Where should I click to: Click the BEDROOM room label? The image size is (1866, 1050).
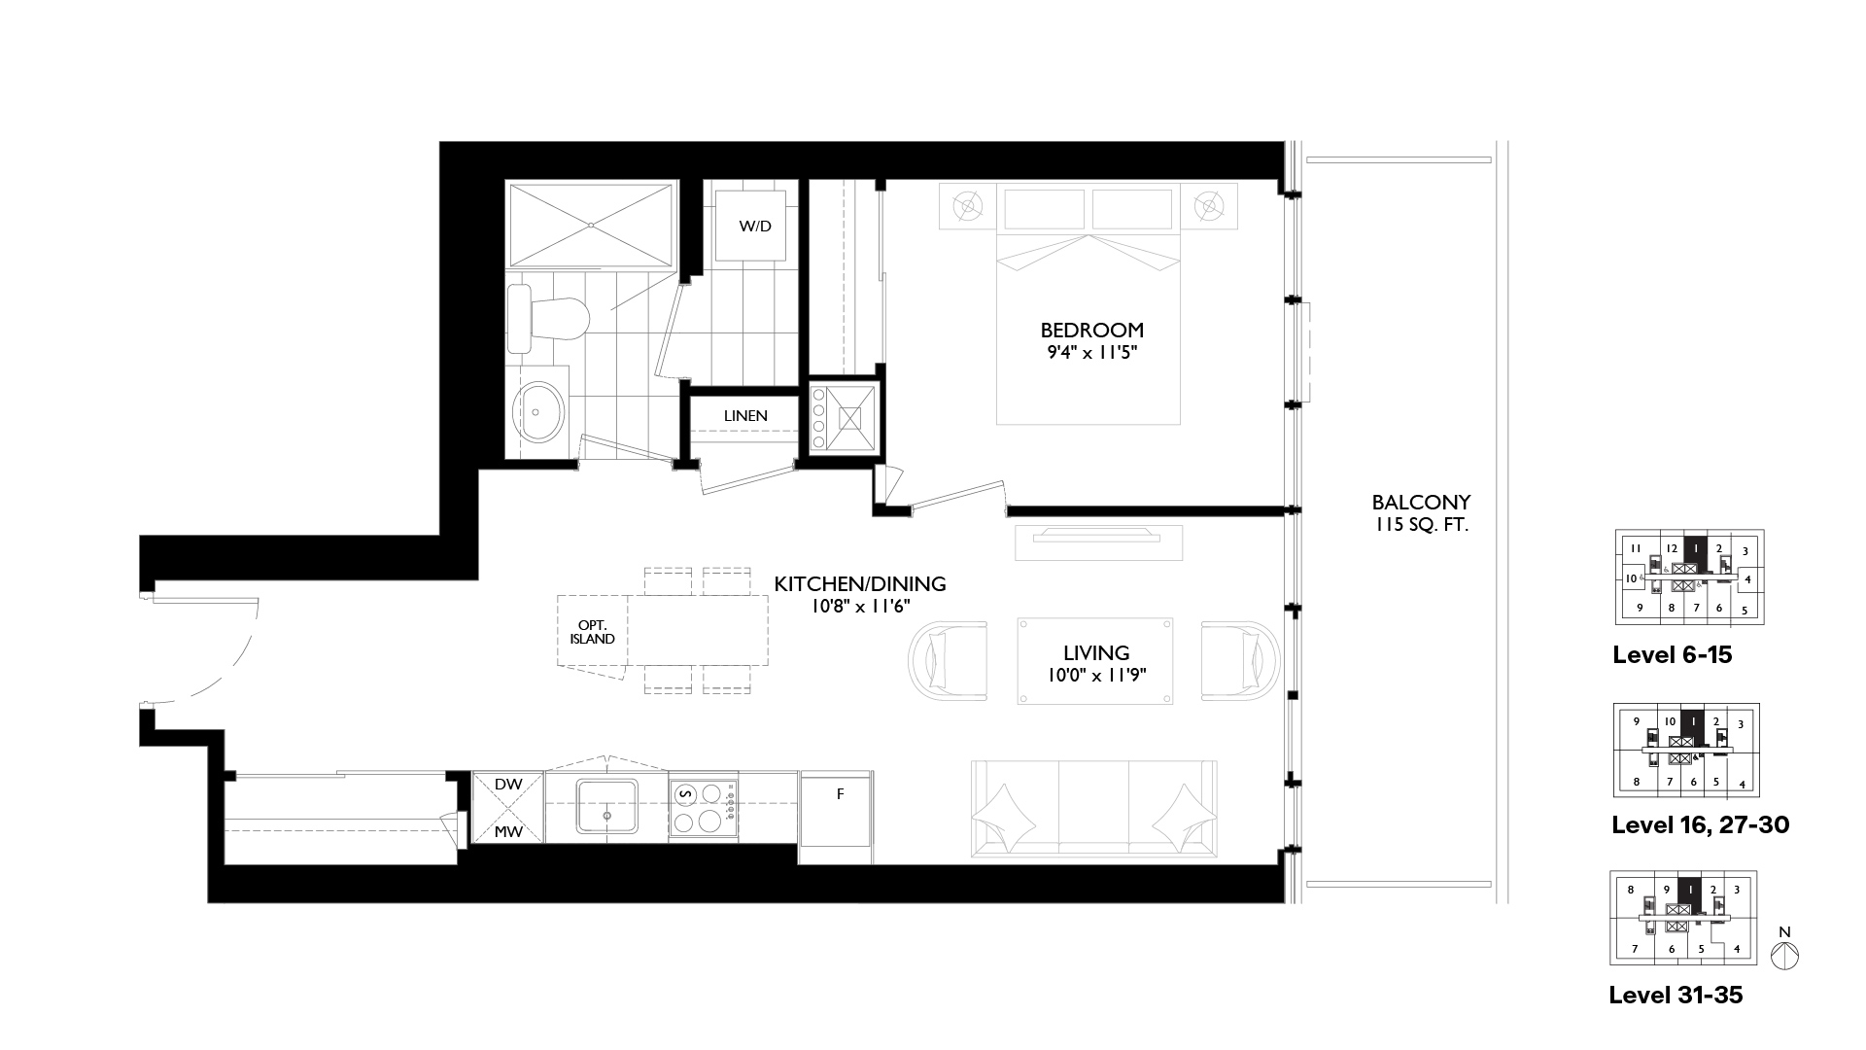[1091, 330]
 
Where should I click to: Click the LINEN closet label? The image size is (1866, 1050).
[745, 416]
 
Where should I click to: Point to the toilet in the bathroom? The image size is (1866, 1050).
[549, 318]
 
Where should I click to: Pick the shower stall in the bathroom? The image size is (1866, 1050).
[591, 225]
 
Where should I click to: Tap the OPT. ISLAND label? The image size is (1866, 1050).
[593, 632]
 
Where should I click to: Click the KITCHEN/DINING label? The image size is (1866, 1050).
[860, 584]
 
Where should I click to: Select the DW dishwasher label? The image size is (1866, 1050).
[508, 785]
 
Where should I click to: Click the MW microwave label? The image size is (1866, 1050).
[508, 831]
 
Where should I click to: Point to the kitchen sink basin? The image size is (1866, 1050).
[607, 806]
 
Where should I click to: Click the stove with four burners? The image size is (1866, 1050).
[703, 807]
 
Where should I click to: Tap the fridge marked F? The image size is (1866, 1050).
[837, 817]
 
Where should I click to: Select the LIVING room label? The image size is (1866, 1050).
[1096, 653]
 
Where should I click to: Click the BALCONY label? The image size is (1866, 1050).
[1421, 503]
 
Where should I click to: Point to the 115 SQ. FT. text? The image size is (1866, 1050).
[1421, 525]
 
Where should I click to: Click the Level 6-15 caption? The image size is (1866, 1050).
[1673, 655]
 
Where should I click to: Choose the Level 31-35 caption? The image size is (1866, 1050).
[1676, 996]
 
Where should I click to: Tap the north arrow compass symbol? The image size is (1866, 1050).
[1784, 950]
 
